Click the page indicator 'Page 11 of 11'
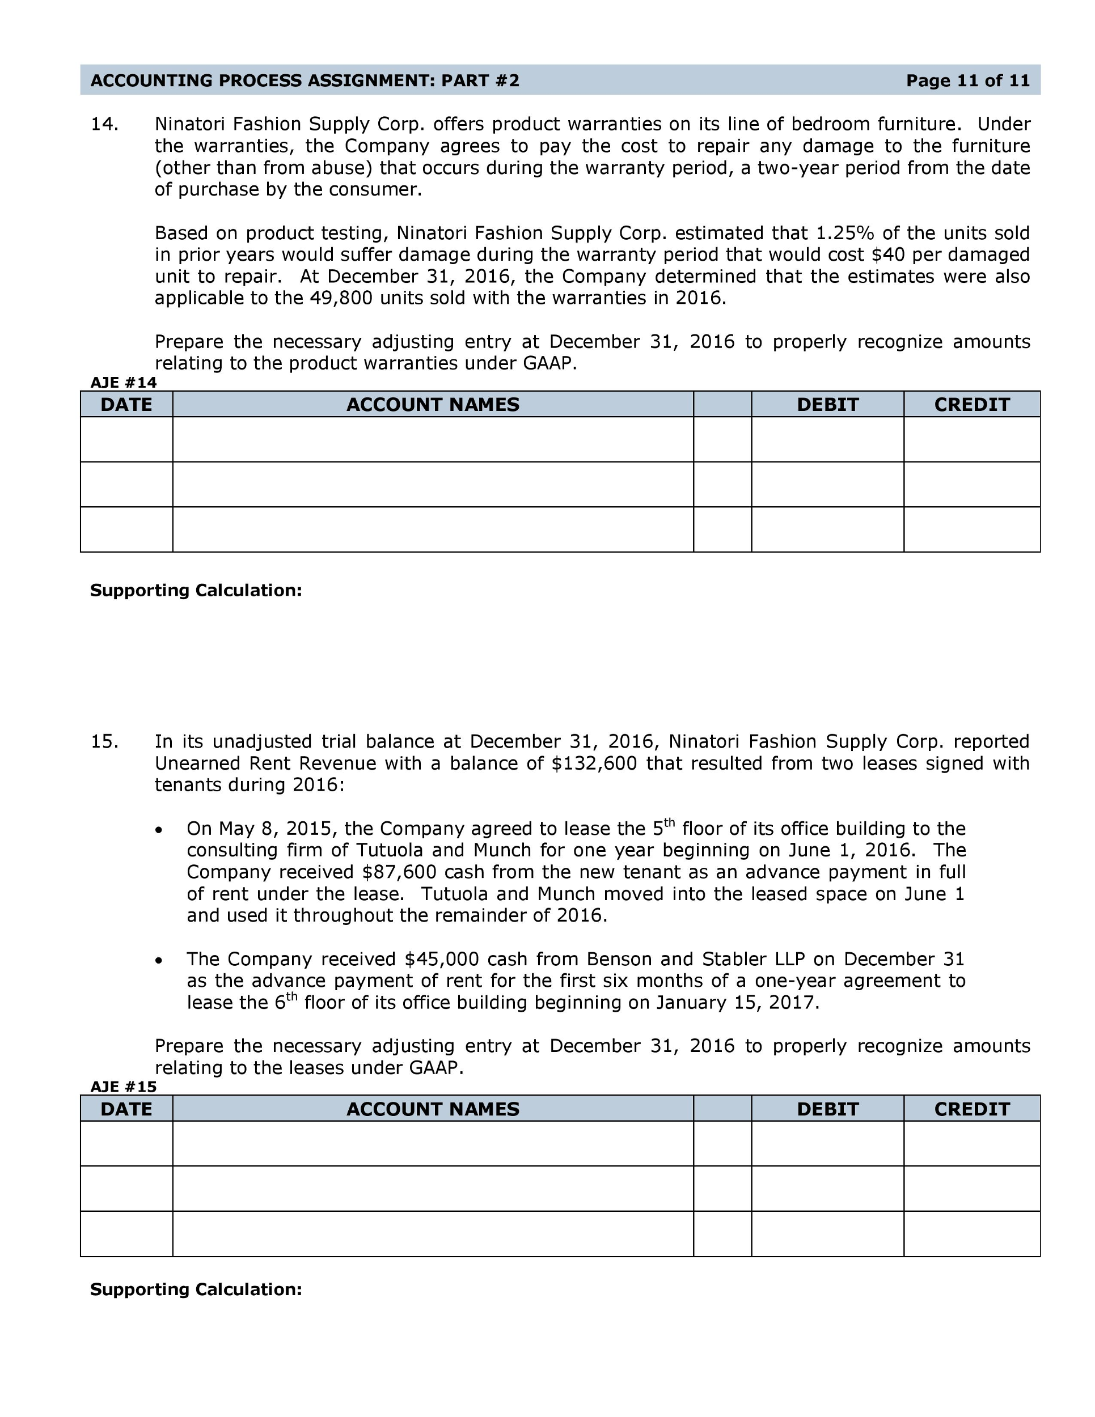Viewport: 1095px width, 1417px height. [967, 80]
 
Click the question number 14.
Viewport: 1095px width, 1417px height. [104, 124]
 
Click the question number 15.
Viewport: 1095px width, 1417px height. [104, 741]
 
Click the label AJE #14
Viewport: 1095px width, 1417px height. [123, 382]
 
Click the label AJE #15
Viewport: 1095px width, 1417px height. [123, 1087]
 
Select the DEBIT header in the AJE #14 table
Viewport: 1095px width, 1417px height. [827, 404]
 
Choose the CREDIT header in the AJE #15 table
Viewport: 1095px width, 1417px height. [972, 1109]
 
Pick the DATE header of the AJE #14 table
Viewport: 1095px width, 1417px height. [126, 404]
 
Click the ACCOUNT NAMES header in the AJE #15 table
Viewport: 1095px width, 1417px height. [433, 1109]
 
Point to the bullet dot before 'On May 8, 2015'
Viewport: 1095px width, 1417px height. [159, 830]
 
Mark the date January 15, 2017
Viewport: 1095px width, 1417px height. [737, 1003]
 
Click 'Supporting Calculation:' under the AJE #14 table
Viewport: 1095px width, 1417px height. [196, 591]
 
